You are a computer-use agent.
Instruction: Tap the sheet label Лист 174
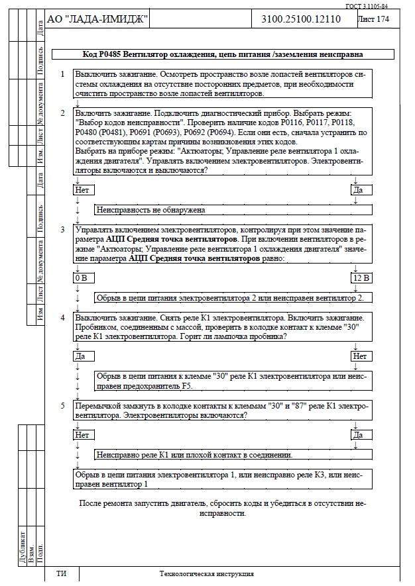(374, 19)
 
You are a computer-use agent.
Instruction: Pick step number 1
(62, 75)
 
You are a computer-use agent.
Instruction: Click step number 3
(62, 230)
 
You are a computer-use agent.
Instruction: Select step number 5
(62, 405)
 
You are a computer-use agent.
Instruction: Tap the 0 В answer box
(80, 277)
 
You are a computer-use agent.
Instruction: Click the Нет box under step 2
(82, 190)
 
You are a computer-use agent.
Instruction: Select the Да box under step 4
(81, 356)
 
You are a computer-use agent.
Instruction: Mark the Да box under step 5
(359, 435)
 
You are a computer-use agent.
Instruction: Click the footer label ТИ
(61, 573)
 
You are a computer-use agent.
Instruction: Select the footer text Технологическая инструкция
(207, 573)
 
